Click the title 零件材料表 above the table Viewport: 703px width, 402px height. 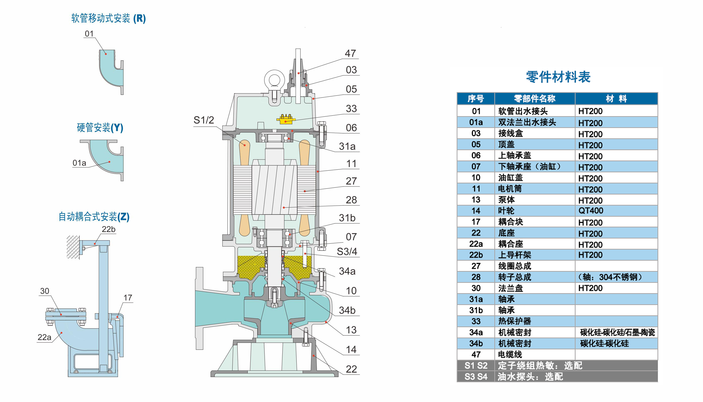point(558,77)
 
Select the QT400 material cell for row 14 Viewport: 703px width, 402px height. point(591,211)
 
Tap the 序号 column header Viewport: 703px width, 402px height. point(476,99)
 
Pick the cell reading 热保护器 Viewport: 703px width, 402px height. point(514,321)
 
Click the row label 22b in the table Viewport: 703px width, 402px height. point(476,255)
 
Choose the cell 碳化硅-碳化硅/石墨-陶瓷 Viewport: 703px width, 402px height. point(617,332)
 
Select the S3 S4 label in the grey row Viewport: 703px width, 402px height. point(476,377)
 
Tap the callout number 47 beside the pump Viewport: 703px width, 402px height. point(350,53)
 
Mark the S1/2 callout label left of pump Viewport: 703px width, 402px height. point(204,120)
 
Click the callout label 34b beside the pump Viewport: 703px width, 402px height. point(347,310)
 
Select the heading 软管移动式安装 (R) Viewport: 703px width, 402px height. point(108,18)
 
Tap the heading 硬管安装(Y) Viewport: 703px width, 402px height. point(100,127)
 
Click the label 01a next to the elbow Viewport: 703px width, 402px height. point(79,163)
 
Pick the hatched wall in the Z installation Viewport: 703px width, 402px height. point(73,247)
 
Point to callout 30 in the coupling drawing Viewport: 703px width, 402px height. point(45,291)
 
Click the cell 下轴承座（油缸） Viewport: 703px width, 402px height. point(529,167)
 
